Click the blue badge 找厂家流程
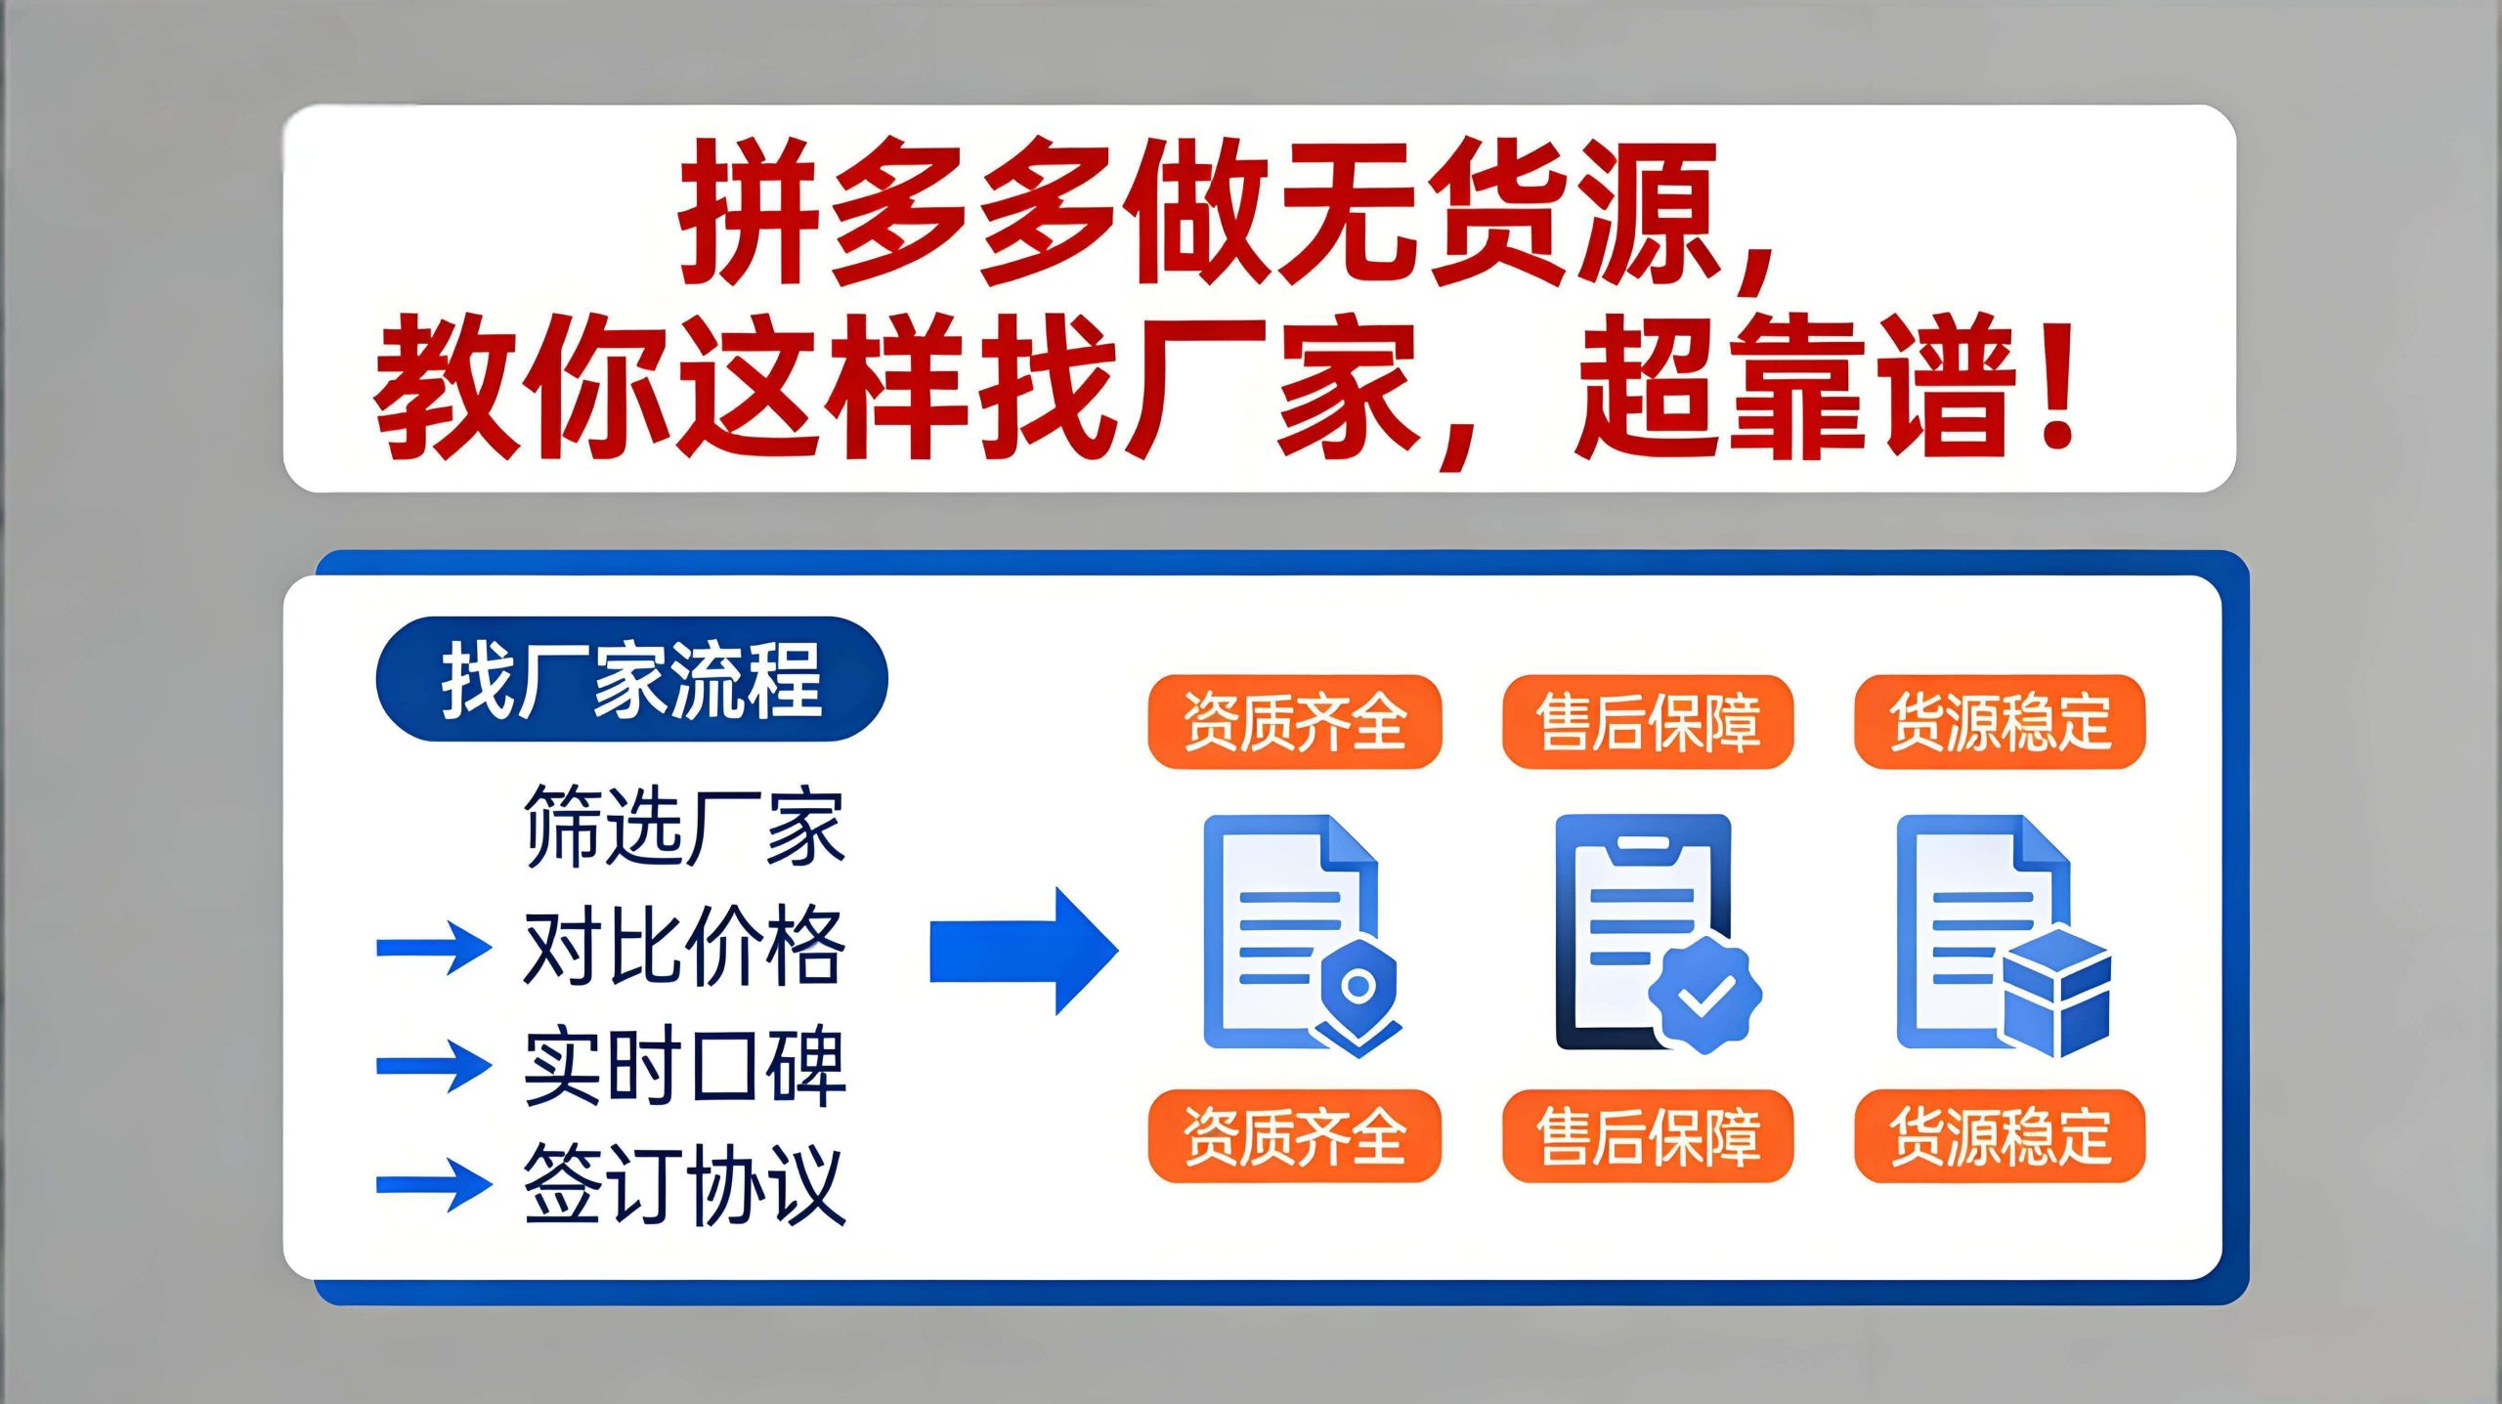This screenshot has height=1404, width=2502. tap(631, 679)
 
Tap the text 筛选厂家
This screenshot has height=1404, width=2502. tap(684, 827)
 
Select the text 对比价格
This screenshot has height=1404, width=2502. tap(684, 946)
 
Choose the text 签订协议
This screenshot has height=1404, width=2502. tap(684, 1184)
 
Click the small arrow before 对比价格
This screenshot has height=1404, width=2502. tap(434, 947)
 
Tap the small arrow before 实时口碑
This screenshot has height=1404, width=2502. tap(434, 1066)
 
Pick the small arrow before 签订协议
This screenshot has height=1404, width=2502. tap(434, 1185)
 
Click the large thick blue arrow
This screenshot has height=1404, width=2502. tap(1023, 951)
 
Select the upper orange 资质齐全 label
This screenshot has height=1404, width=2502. tap(1295, 722)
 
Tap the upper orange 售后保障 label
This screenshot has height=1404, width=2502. tap(1648, 722)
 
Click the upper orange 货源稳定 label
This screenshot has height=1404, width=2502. tap(2000, 722)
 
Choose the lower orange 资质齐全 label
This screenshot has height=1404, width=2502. tap(1295, 1136)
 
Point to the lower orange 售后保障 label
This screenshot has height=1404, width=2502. tap(1648, 1136)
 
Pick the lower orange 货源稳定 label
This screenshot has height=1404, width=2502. tap(2000, 1136)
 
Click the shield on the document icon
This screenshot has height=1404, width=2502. tap(1358, 995)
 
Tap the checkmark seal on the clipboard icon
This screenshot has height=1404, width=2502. tap(1705, 995)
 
